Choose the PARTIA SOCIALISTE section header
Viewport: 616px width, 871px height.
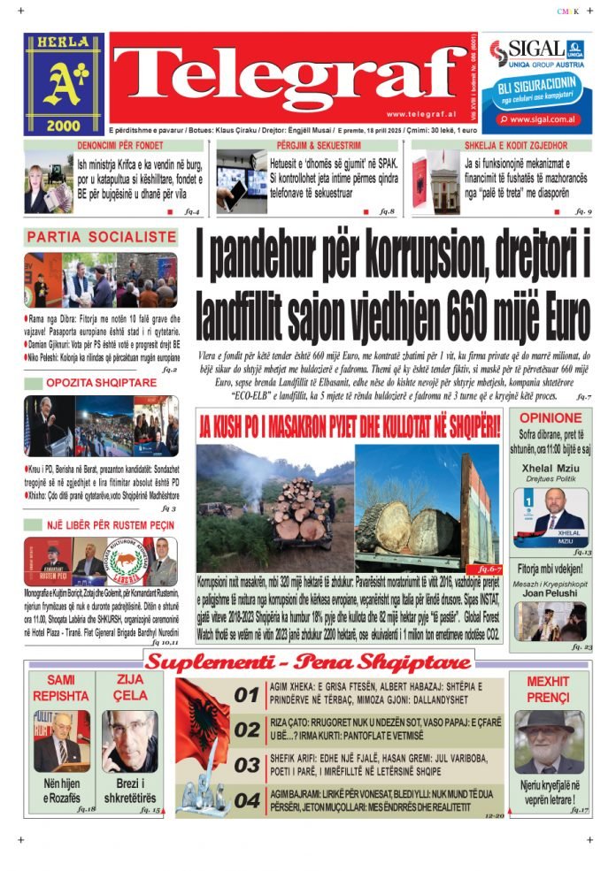pyautogui.click(x=102, y=237)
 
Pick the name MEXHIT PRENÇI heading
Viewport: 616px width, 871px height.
pyautogui.click(x=549, y=689)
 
